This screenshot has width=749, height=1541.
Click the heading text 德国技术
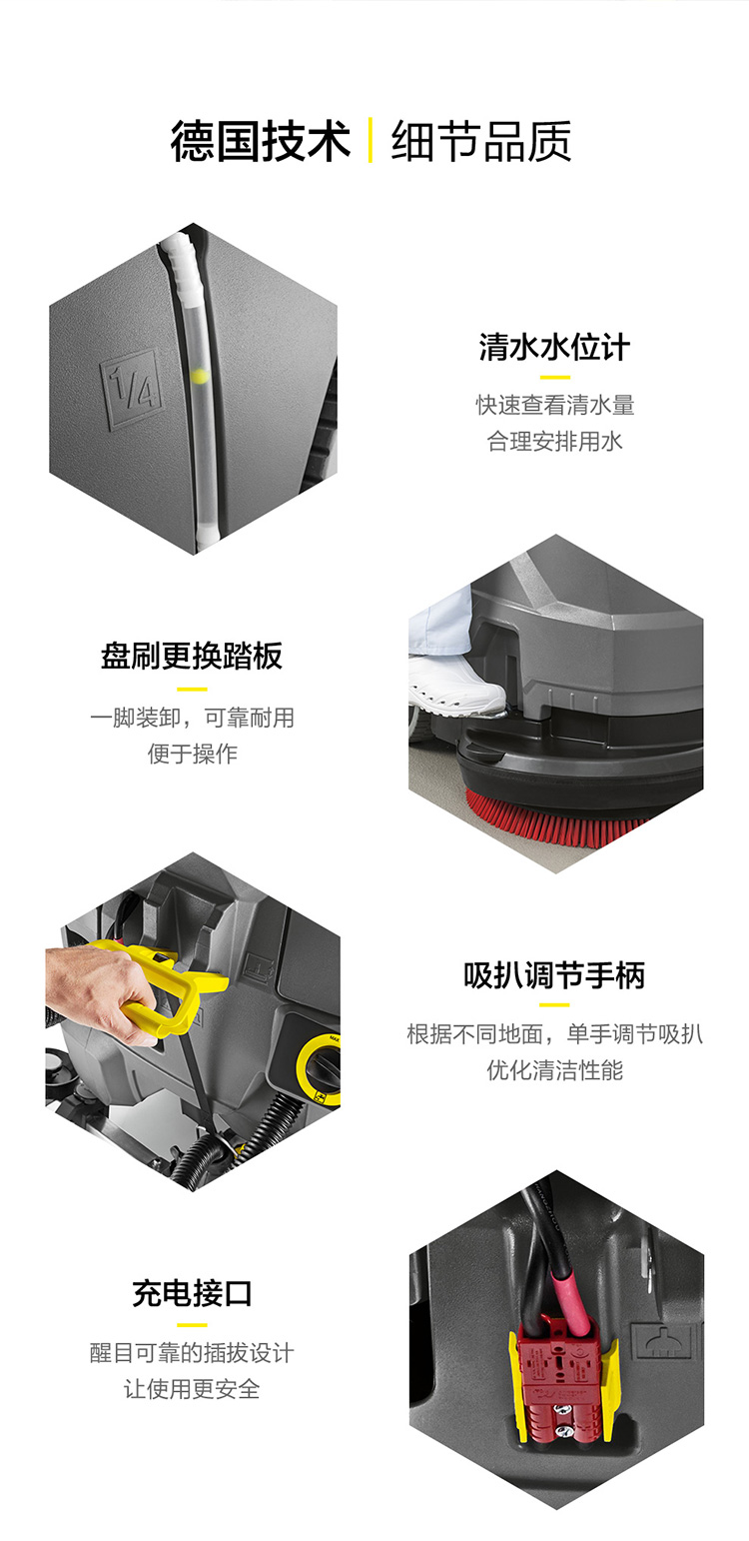pos(261,142)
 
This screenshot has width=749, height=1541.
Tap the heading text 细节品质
pos(481,142)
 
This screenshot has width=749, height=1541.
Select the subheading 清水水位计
pos(554,348)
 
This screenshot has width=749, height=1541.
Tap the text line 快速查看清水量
pos(554,405)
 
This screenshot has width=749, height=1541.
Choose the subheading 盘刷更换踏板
pos(192,657)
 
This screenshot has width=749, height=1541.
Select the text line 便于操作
pos(192,754)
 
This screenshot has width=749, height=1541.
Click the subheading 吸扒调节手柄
pos(554,976)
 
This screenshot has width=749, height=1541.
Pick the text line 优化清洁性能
pos(554,1069)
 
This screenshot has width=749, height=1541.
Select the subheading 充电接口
pos(192,1294)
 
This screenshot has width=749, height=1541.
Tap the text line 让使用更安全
pos(192,1389)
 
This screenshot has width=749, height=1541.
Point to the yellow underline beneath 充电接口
pos(192,1324)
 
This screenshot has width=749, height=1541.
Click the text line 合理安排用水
pos(554,441)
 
